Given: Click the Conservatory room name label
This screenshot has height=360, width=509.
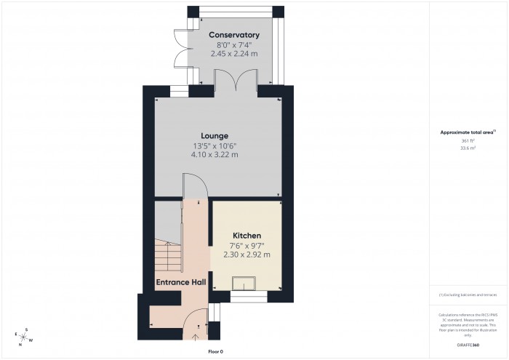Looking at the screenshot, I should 234,35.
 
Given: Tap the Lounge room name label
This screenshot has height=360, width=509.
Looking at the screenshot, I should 215,135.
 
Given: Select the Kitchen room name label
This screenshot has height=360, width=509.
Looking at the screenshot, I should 247,236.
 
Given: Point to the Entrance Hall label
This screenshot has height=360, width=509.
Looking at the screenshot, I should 180,281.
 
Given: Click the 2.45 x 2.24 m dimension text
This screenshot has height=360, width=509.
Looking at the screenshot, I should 234,55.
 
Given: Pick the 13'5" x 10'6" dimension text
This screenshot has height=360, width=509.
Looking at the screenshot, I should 215,145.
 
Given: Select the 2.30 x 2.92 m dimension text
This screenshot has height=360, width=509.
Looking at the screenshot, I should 247,255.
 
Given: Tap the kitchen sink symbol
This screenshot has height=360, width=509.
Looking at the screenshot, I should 243,284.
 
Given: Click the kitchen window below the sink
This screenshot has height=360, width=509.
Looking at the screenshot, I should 249,297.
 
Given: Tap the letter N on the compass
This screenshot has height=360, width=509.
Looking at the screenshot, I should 20,344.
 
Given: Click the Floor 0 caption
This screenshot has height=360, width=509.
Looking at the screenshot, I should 215,351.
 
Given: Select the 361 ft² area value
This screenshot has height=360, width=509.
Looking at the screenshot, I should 468,140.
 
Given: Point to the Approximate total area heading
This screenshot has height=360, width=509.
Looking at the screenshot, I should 467,132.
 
